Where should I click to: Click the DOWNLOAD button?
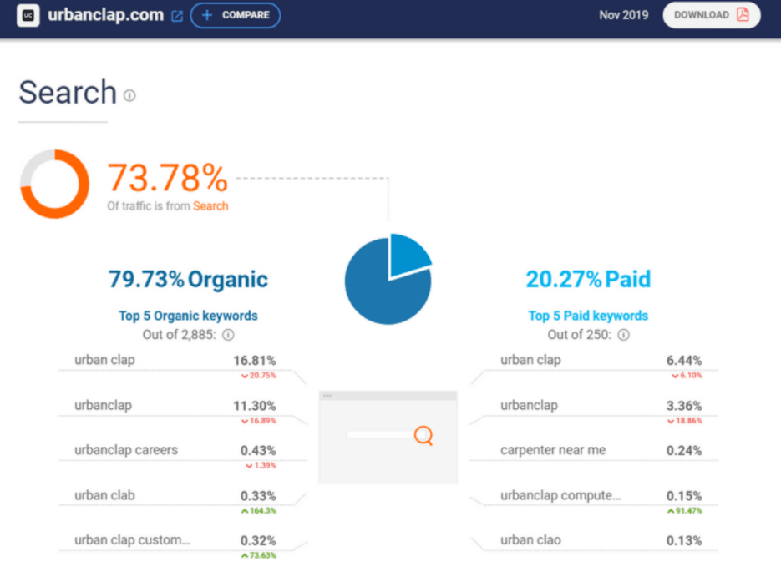(711, 15)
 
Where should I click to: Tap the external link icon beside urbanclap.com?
(176, 16)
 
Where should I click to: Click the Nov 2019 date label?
(623, 15)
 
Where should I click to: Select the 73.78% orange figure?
(167, 178)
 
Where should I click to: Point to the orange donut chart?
(53, 183)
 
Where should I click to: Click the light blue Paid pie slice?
(408, 254)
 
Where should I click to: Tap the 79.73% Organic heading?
(188, 279)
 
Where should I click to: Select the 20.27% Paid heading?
(587, 279)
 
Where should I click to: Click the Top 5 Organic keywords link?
(188, 316)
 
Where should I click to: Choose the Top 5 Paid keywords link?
(588, 316)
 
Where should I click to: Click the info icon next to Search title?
(129, 95)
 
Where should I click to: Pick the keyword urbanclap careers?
(125, 450)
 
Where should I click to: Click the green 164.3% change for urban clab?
(258, 510)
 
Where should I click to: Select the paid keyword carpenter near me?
(553, 450)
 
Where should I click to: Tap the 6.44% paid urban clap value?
(684, 360)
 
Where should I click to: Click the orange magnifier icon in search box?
(423, 435)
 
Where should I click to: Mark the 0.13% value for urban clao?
(684, 540)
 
